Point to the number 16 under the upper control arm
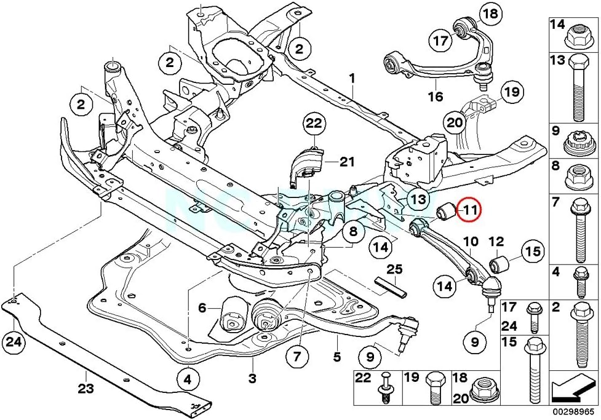pos(436,97)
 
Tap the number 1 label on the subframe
pos(352,79)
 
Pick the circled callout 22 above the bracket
pos(314,125)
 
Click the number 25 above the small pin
pos(394,269)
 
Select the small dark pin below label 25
pos(389,286)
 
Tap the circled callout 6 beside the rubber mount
pos(202,307)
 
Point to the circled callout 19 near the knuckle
pos(511,93)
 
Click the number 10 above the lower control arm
pos(471,242)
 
